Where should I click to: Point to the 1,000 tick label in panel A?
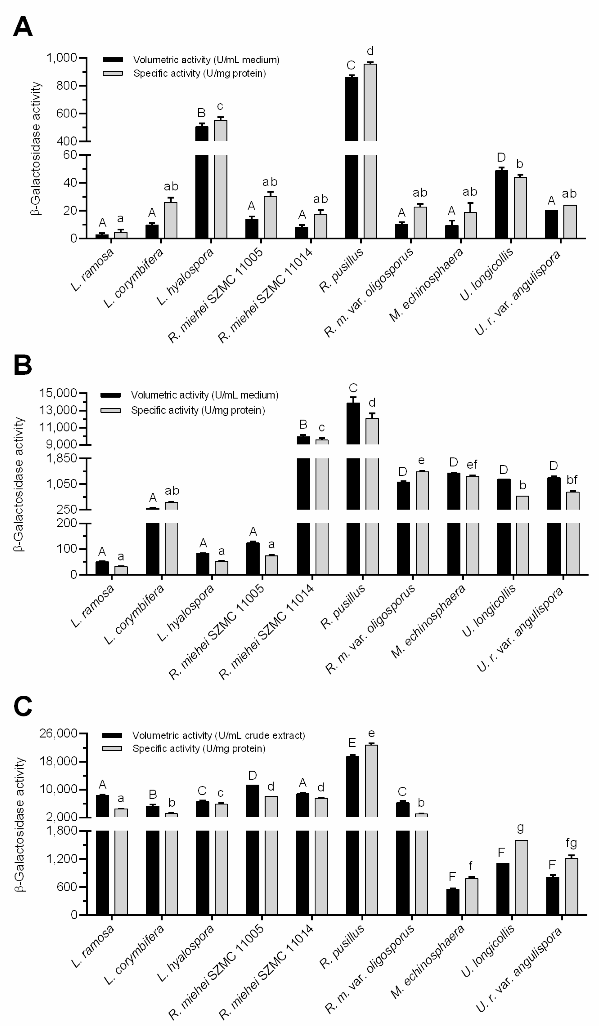click(x=61, y=58)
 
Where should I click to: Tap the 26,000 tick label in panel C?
click(x=58, y=733)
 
